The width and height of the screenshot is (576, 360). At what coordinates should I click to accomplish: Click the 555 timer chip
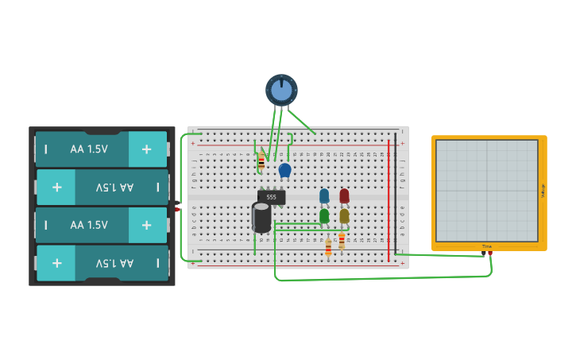point(271,197)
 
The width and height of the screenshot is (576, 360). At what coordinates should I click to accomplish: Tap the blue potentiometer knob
point(281,90)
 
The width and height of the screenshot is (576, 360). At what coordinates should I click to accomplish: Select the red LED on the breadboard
point(344,195)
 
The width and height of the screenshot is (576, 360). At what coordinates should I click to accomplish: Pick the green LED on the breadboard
point(324,215)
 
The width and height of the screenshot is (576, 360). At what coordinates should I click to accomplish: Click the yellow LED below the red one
point(344,215)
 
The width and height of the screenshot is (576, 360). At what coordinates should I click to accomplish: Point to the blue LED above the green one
point(324,195)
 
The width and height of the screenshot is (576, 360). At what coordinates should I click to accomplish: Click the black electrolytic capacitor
point(261,217)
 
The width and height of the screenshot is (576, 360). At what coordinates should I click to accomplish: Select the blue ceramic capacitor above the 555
point(285,169)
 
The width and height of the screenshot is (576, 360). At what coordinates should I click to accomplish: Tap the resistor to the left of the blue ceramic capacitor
point(261,161)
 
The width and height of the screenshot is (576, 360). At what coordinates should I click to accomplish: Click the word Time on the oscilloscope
point(487,246)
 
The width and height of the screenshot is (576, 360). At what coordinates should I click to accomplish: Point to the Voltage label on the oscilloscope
point(543,191)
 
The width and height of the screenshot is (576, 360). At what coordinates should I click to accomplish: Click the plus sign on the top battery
point(146,149)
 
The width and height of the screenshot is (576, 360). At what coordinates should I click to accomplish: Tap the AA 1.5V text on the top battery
point(88,149)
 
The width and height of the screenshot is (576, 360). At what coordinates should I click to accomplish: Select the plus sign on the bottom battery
point(56,263)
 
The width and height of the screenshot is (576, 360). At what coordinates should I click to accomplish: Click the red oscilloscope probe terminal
point(490,253)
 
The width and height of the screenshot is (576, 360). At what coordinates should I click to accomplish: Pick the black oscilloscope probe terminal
point(483,253)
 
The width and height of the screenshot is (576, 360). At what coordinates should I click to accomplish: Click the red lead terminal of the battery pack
point(178,208)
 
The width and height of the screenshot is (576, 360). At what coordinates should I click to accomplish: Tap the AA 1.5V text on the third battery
point(88,225)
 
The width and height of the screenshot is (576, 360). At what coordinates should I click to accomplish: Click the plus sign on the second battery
point(56,187)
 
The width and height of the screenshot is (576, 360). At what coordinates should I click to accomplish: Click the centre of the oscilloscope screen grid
point(487,191)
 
